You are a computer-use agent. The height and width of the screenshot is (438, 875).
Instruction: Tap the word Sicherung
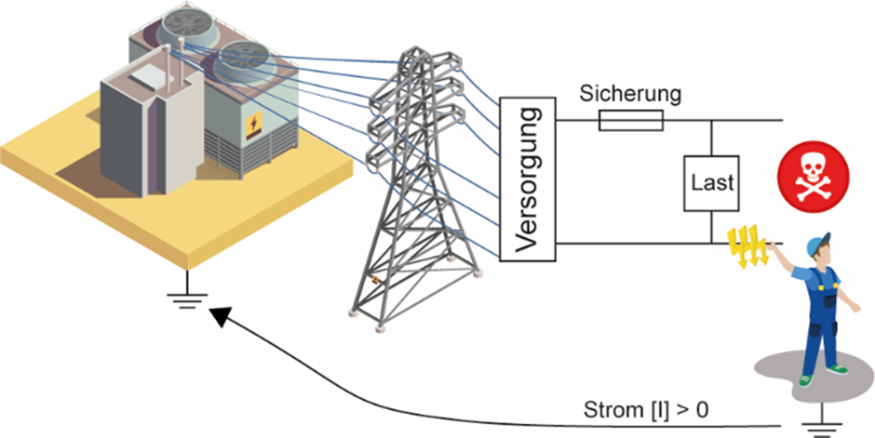[x=631, y=93]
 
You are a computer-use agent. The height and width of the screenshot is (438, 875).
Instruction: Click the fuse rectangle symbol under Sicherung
[x=631, y=121]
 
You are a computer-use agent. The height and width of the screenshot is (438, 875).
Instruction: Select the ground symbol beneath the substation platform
[x=185, y=296]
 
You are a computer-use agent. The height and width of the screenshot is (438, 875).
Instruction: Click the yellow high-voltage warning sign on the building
[x=253, y=126]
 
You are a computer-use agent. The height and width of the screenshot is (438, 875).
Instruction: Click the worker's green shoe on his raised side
[x=841, y=368]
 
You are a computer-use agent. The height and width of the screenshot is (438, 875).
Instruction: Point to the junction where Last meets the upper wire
[x=712, y=121]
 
